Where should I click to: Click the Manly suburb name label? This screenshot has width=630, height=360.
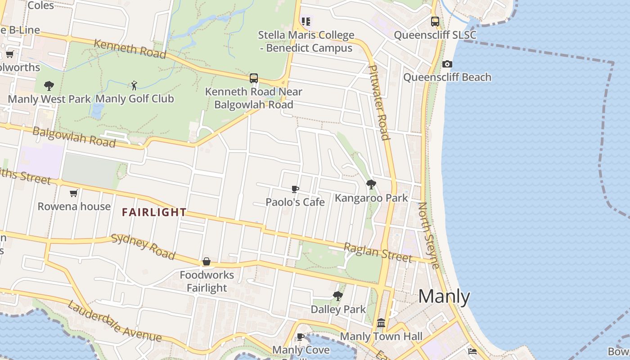pos(444,297)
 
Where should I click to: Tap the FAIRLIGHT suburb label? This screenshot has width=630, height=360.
pos(154,212)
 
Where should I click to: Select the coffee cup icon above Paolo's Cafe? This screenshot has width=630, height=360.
pos(295,189)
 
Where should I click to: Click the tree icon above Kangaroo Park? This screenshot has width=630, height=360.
pos(371,184)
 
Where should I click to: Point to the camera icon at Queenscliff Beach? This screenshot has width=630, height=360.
pos(447,64)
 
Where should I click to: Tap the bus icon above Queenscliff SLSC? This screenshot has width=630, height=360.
pos(435,21)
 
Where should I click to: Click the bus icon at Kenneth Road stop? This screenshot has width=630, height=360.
pos(254,78)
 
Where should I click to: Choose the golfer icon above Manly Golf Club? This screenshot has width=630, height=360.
pos(134,85)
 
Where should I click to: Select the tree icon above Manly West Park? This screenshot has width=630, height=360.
pos(49,85)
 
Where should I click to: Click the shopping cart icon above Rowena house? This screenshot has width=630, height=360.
pos(74,193)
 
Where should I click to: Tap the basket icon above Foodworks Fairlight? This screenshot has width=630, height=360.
pos(207,261)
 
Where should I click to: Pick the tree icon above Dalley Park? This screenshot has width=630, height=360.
pos(338,296)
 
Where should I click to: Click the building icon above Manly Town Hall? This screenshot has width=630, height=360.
pos(381,323)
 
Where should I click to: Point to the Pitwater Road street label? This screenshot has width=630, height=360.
pos(378,102)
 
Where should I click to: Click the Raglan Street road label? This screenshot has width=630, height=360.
pos(378,252)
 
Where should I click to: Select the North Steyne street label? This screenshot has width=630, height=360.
pos(429,235)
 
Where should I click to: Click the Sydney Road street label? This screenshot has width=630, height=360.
pos(143,247)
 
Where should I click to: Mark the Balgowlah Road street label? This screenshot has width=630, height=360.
pos(74,137)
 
